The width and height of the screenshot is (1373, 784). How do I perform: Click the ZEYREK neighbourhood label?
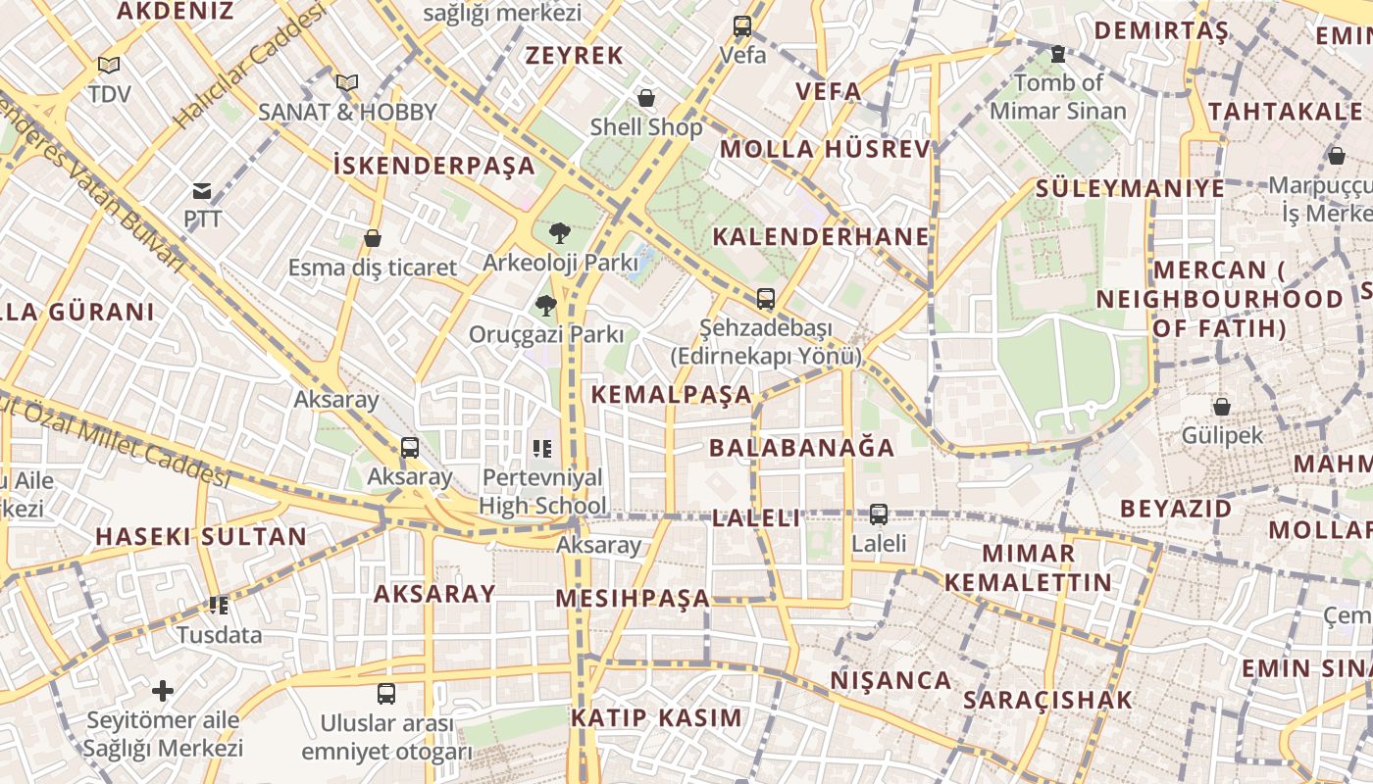575,56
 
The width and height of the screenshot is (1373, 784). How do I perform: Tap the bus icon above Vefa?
742,26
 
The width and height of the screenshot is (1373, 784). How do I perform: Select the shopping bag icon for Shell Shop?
646,98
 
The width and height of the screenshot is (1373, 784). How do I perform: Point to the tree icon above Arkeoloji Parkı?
559,233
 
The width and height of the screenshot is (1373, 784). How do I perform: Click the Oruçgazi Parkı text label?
545,334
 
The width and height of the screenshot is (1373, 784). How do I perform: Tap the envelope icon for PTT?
202,191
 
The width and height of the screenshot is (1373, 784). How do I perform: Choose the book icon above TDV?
109,66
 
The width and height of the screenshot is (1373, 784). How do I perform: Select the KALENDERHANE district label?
820,236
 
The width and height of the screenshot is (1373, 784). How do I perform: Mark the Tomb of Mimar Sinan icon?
1057,54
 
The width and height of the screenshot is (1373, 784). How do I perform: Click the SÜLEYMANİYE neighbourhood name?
1130,188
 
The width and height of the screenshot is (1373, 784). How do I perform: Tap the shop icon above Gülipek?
1222,407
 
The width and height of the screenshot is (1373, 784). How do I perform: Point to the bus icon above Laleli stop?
879,514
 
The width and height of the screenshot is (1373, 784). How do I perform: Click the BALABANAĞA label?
802,448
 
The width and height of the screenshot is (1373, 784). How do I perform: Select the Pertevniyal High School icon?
542,450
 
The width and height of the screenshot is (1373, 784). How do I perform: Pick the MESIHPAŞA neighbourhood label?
633,598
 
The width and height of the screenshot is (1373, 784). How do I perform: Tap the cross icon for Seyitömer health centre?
163,691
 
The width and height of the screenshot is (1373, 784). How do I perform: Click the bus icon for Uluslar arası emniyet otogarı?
386,694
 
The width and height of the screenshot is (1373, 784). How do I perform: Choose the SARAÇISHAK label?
1047,700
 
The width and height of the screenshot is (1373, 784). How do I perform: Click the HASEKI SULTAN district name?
201,537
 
